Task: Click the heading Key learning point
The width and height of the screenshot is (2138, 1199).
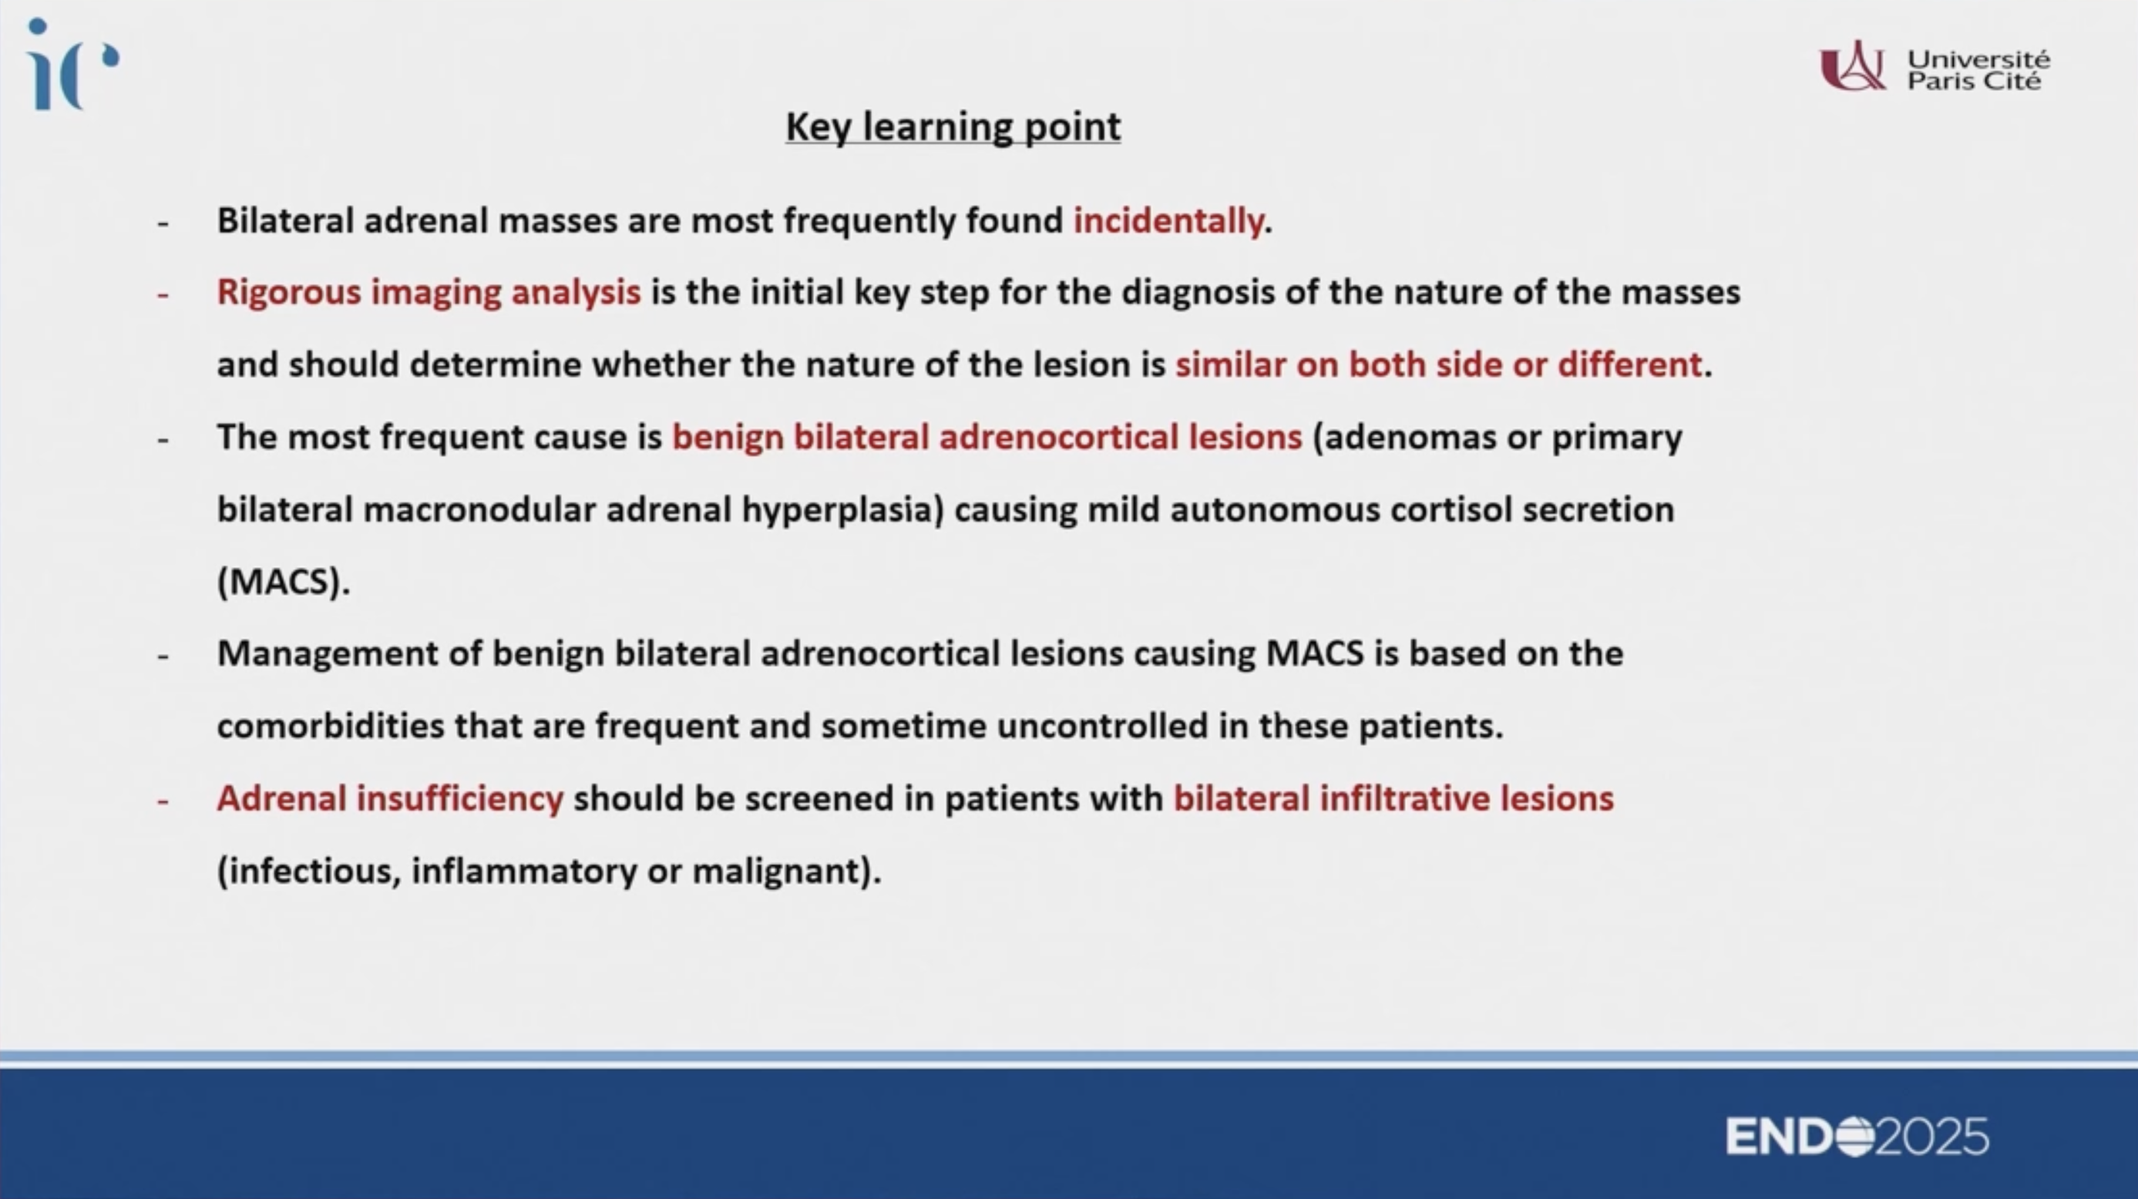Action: pos(953,127)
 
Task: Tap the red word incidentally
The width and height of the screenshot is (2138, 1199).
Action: pos(1168,220)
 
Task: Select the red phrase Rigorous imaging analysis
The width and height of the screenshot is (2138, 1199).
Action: pos(429,293)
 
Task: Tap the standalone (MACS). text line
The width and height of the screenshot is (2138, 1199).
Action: pos(284,582)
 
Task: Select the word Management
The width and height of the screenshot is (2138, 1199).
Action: pos(327,655)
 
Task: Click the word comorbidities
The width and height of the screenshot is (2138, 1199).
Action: pos(331,726)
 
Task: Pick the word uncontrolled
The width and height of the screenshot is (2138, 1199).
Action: pos(1102,726)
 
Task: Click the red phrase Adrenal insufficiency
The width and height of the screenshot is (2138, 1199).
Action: pos(390,798)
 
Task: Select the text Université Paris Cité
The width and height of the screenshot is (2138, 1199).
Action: pos(1978,69)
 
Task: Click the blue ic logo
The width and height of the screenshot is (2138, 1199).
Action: pos(73,64)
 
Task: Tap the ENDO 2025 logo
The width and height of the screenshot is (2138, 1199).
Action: pos(1857,1136)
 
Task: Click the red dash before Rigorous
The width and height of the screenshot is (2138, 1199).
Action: pos(163,294)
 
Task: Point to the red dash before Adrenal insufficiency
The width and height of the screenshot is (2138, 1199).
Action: pos(163,801)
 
